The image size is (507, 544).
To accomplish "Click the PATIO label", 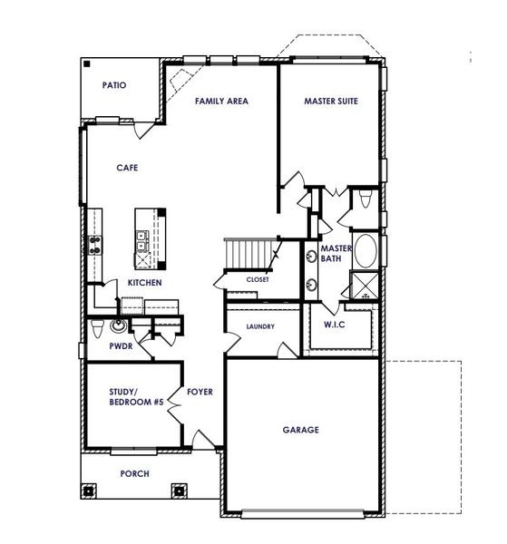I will pyautogui.click(x=114, y=86).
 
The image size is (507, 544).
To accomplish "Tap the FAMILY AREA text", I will pyautogui.click(x=221, y=101).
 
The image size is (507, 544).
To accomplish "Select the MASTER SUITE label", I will pyautogui.click(x=331, y=102).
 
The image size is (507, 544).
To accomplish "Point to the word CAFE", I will pyautogui.click(x=126, y=168).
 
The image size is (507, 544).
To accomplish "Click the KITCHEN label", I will pyautogui.click(x=144, y=283).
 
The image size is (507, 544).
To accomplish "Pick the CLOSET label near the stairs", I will pyautogui.click(x=258, y=279).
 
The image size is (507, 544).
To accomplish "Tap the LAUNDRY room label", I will pyautogui.click(x=259, y=326).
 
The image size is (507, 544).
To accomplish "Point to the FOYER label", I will pyautogui.click(x=200, y=393).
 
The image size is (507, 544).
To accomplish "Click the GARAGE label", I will pyautogui.click(x=300, y=430).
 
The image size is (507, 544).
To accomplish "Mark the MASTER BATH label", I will pyautogui.click(x=335, y=254).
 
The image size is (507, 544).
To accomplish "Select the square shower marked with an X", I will pyautogui.click(x=364, y=285).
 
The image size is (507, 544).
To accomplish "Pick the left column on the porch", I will pyautogui.click(x=88, y=491).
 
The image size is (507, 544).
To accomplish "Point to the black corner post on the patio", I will pyautogui.click(x=86, y=65).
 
